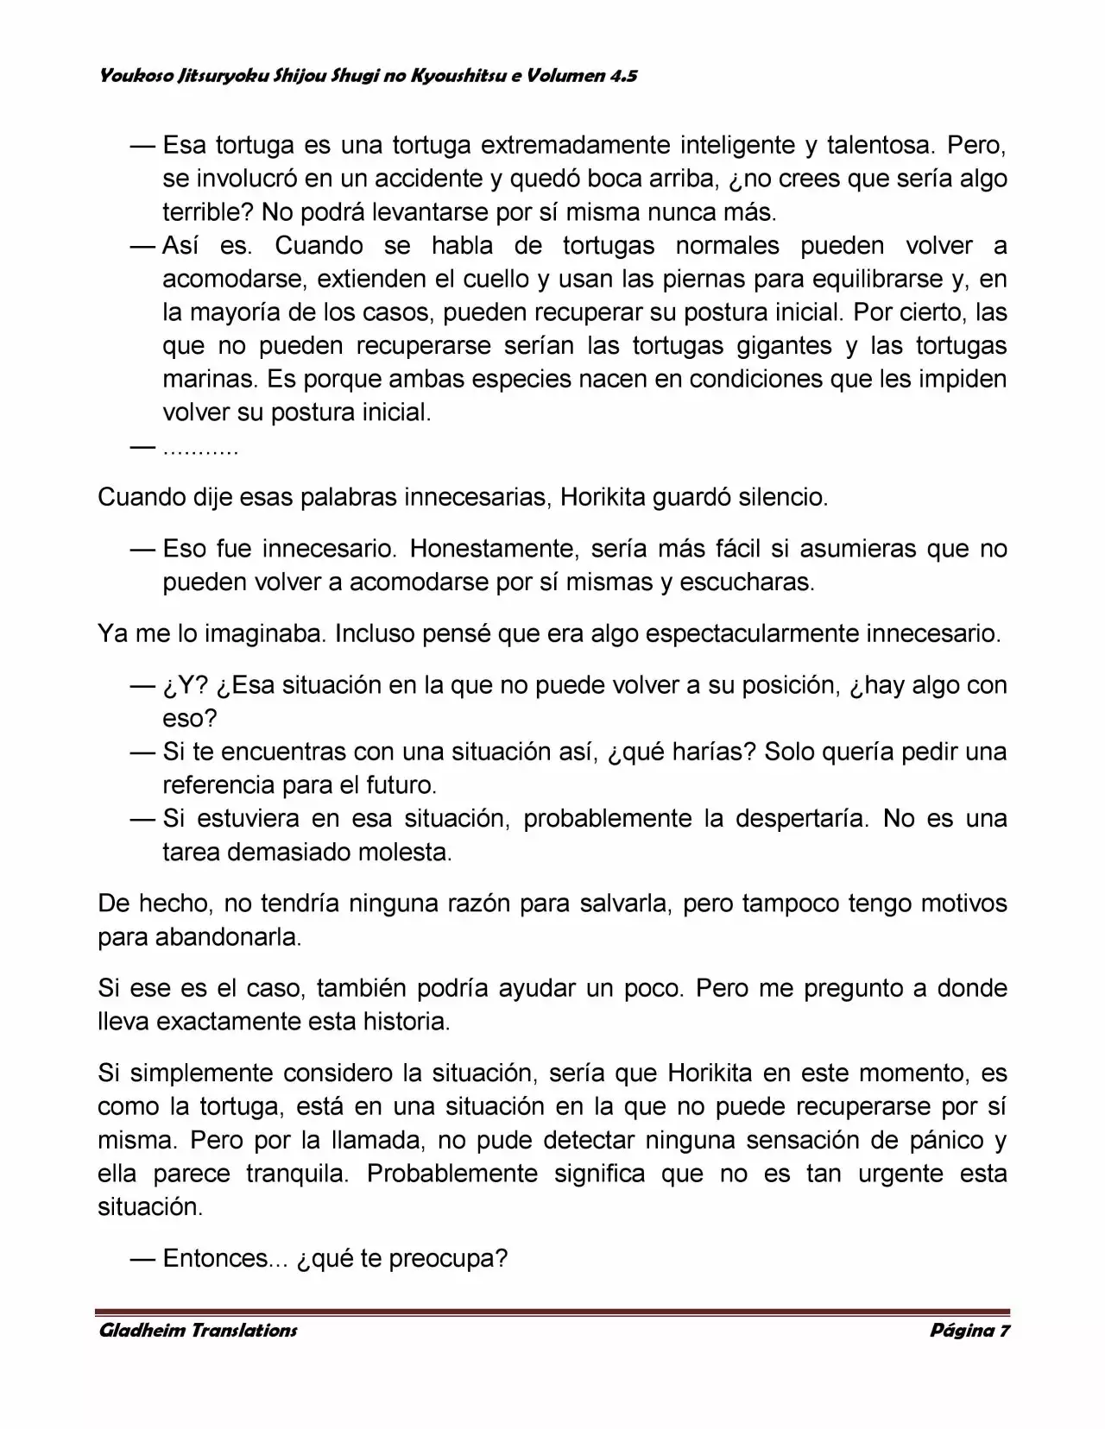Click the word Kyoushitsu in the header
(x=456, y=76)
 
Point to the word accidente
(x=419, y=179)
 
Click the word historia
(x=408, y=1022)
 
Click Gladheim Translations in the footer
(x=198, y=1330)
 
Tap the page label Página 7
(x=969, y=1330)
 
